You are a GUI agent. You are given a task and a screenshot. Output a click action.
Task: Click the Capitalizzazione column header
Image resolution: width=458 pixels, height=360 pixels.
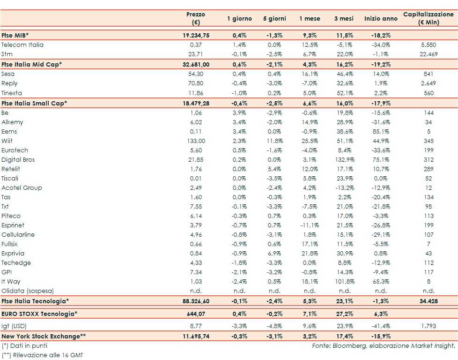pos(428,18)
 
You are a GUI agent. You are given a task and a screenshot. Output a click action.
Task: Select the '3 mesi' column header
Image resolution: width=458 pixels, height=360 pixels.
pos(343,19)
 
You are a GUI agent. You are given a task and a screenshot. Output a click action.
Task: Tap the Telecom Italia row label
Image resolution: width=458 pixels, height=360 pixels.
pos(22,45)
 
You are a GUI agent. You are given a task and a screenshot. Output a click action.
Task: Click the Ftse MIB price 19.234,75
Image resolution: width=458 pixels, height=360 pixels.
pos(196,36)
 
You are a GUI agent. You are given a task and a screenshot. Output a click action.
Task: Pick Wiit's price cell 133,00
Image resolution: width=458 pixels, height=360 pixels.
pos(196,141)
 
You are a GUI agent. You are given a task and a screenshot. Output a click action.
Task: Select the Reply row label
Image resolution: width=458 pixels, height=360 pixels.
pos(9,83)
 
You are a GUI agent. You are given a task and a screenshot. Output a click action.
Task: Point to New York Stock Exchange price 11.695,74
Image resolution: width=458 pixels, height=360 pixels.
pos(196,336)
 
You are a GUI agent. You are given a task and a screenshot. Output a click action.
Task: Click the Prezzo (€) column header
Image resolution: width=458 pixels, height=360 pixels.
pos(196,18)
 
